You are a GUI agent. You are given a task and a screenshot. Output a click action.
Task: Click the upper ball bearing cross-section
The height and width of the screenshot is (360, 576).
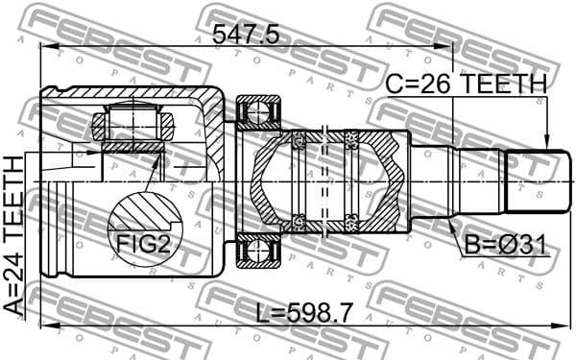pyautogui.click(x=256, y=113)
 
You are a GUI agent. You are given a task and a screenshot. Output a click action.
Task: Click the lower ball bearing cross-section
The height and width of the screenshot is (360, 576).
pyautogui.click(x=256, y=252)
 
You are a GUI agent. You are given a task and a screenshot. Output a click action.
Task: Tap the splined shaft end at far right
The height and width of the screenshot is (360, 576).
pyautogui.click(x=533, y=180)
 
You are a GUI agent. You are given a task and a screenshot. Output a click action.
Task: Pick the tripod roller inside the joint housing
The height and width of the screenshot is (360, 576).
pyautogui.click(x=132, y=124)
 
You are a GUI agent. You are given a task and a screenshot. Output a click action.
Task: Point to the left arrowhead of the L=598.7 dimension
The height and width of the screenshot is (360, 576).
pyautogui.click(x=44, y=324)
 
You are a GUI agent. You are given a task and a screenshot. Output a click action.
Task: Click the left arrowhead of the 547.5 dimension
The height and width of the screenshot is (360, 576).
pyautogui.click(x=44, y=49)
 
